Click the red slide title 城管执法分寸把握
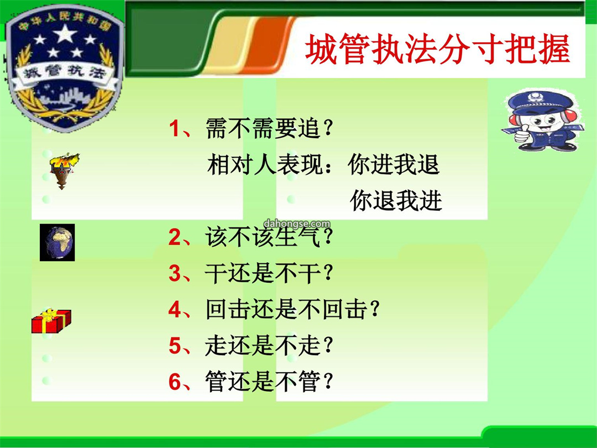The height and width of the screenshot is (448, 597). tap(437, 49)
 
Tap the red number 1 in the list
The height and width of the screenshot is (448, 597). tap(174, 128)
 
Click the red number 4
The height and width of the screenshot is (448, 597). tap(175, 309)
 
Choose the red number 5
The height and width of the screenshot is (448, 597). tap(175, 345)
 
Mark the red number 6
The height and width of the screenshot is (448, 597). tap(175, 381)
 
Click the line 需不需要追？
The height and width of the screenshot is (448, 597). tap(269, 128)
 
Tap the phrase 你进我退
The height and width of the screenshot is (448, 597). tap(394, 164)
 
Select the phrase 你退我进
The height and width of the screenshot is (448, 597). tap(396, 200)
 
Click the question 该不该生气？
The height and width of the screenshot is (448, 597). tap(269, 237)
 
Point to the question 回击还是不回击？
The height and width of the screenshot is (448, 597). tap(292, 309)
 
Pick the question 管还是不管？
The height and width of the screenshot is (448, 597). tap(269, 381)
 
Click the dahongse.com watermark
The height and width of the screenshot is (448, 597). tap(297, 223)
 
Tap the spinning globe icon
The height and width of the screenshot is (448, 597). tap(57, 242)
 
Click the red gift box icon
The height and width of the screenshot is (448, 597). tap(51, 321)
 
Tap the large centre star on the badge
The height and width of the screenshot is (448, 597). tap(65, 34)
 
